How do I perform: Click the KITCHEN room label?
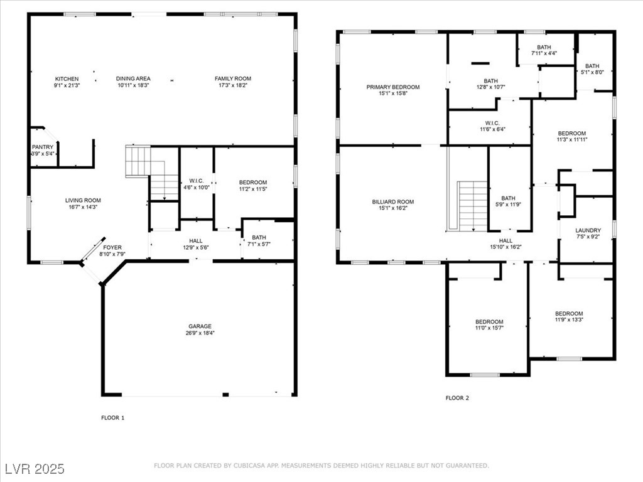[x=67, y=78]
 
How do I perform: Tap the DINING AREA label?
[x=133, y=78]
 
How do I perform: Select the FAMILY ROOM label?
[x=233, y=78]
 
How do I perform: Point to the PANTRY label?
[x=43, y=147]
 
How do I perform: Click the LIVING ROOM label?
[x=83, y=201]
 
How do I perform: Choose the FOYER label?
[x=112, y=247]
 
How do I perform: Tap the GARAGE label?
[x=200, y=326]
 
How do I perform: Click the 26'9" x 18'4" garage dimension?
[x=200, y=333]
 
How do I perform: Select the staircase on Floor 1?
[x=153, y=172]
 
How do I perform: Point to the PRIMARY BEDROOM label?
[x=393, y=87]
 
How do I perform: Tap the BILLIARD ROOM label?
[x=393, y=202]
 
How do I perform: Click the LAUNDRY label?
[x=588, y=230]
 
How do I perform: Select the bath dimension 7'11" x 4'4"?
[x=544, y=53]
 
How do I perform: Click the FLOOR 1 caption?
[x=113, y=417]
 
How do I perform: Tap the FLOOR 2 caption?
[x=457, y=398]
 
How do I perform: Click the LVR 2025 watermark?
[x=34, y=469]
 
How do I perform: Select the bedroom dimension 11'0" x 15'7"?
[x=489, y=328]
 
